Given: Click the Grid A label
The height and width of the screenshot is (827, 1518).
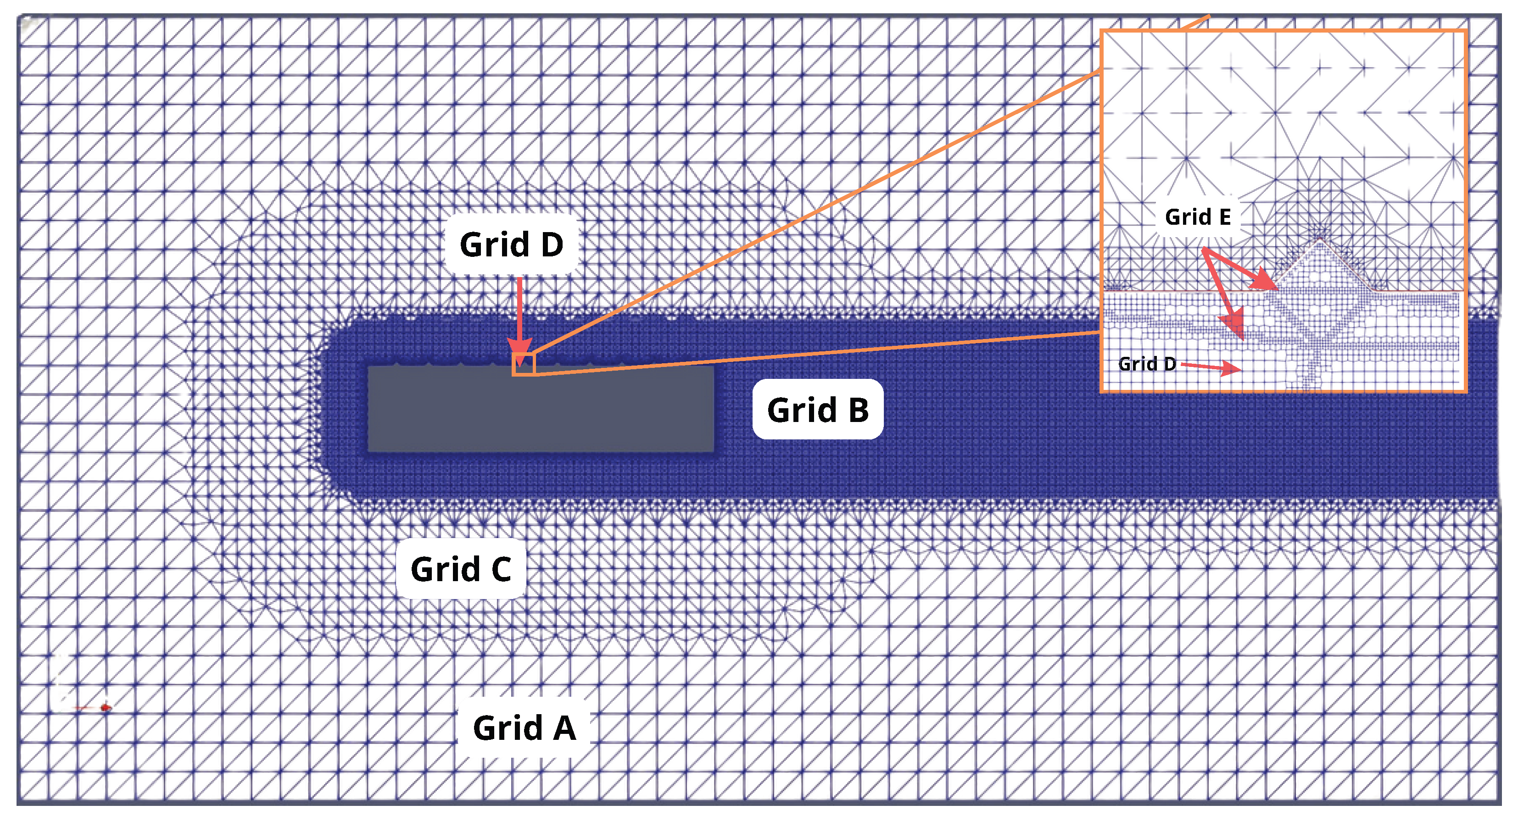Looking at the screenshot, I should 524,727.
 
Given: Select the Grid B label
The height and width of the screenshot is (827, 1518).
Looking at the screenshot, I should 817,410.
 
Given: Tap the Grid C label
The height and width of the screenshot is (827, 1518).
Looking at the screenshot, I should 460,569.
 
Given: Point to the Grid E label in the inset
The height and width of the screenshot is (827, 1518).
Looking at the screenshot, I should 1197,217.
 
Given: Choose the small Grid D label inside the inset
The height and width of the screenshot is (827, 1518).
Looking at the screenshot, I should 1147,364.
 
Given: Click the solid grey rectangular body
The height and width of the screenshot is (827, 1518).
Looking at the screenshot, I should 541,410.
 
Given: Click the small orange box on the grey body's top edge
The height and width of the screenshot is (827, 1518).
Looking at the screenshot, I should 523,365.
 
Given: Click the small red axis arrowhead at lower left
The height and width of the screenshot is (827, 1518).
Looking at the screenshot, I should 106,707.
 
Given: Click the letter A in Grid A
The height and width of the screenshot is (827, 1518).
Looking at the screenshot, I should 564,727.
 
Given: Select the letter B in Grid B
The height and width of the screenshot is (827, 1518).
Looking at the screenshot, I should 858,410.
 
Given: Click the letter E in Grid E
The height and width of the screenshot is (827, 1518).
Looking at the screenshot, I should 1224,217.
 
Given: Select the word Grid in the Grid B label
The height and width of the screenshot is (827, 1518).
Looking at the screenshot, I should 801,410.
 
